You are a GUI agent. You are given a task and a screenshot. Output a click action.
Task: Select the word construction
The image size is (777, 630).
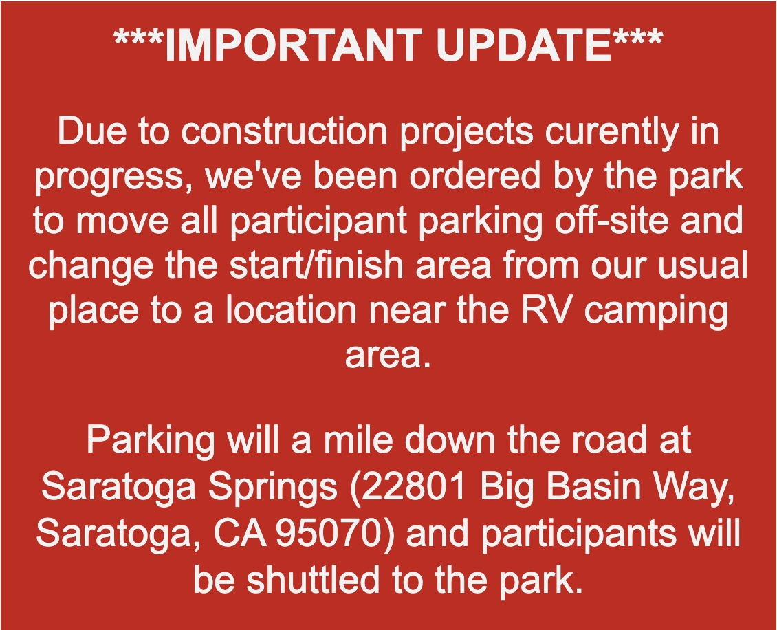(284, 131)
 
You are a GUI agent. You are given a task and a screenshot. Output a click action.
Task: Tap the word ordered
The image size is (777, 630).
(474, 176)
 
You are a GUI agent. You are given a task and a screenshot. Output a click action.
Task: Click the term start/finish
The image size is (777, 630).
(316, 265)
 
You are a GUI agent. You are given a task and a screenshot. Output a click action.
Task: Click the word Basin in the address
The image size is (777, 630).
(589, 486)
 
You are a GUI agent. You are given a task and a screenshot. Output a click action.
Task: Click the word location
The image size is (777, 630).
(292, 309)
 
